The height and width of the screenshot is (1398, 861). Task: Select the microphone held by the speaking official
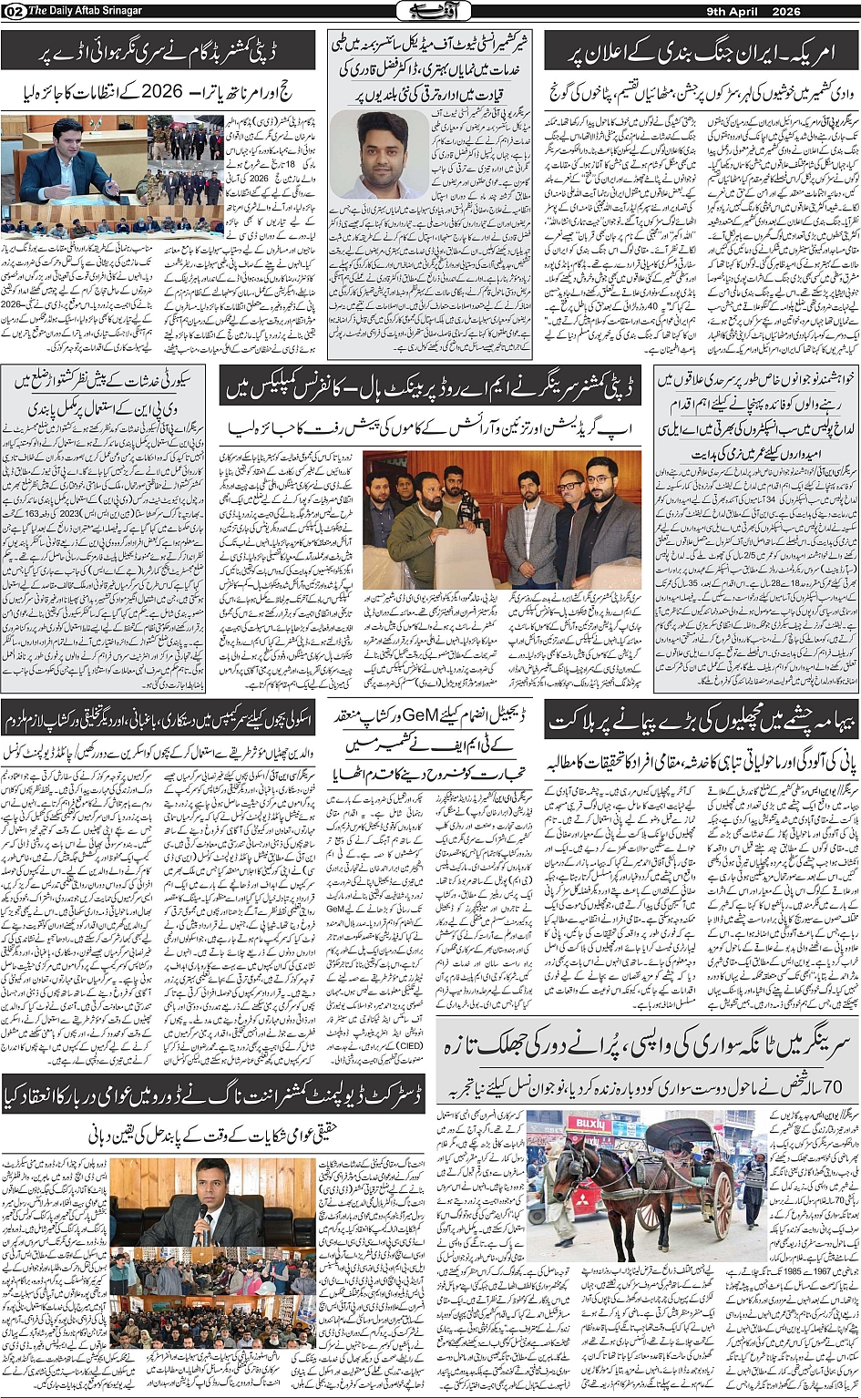point(201,1213)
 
